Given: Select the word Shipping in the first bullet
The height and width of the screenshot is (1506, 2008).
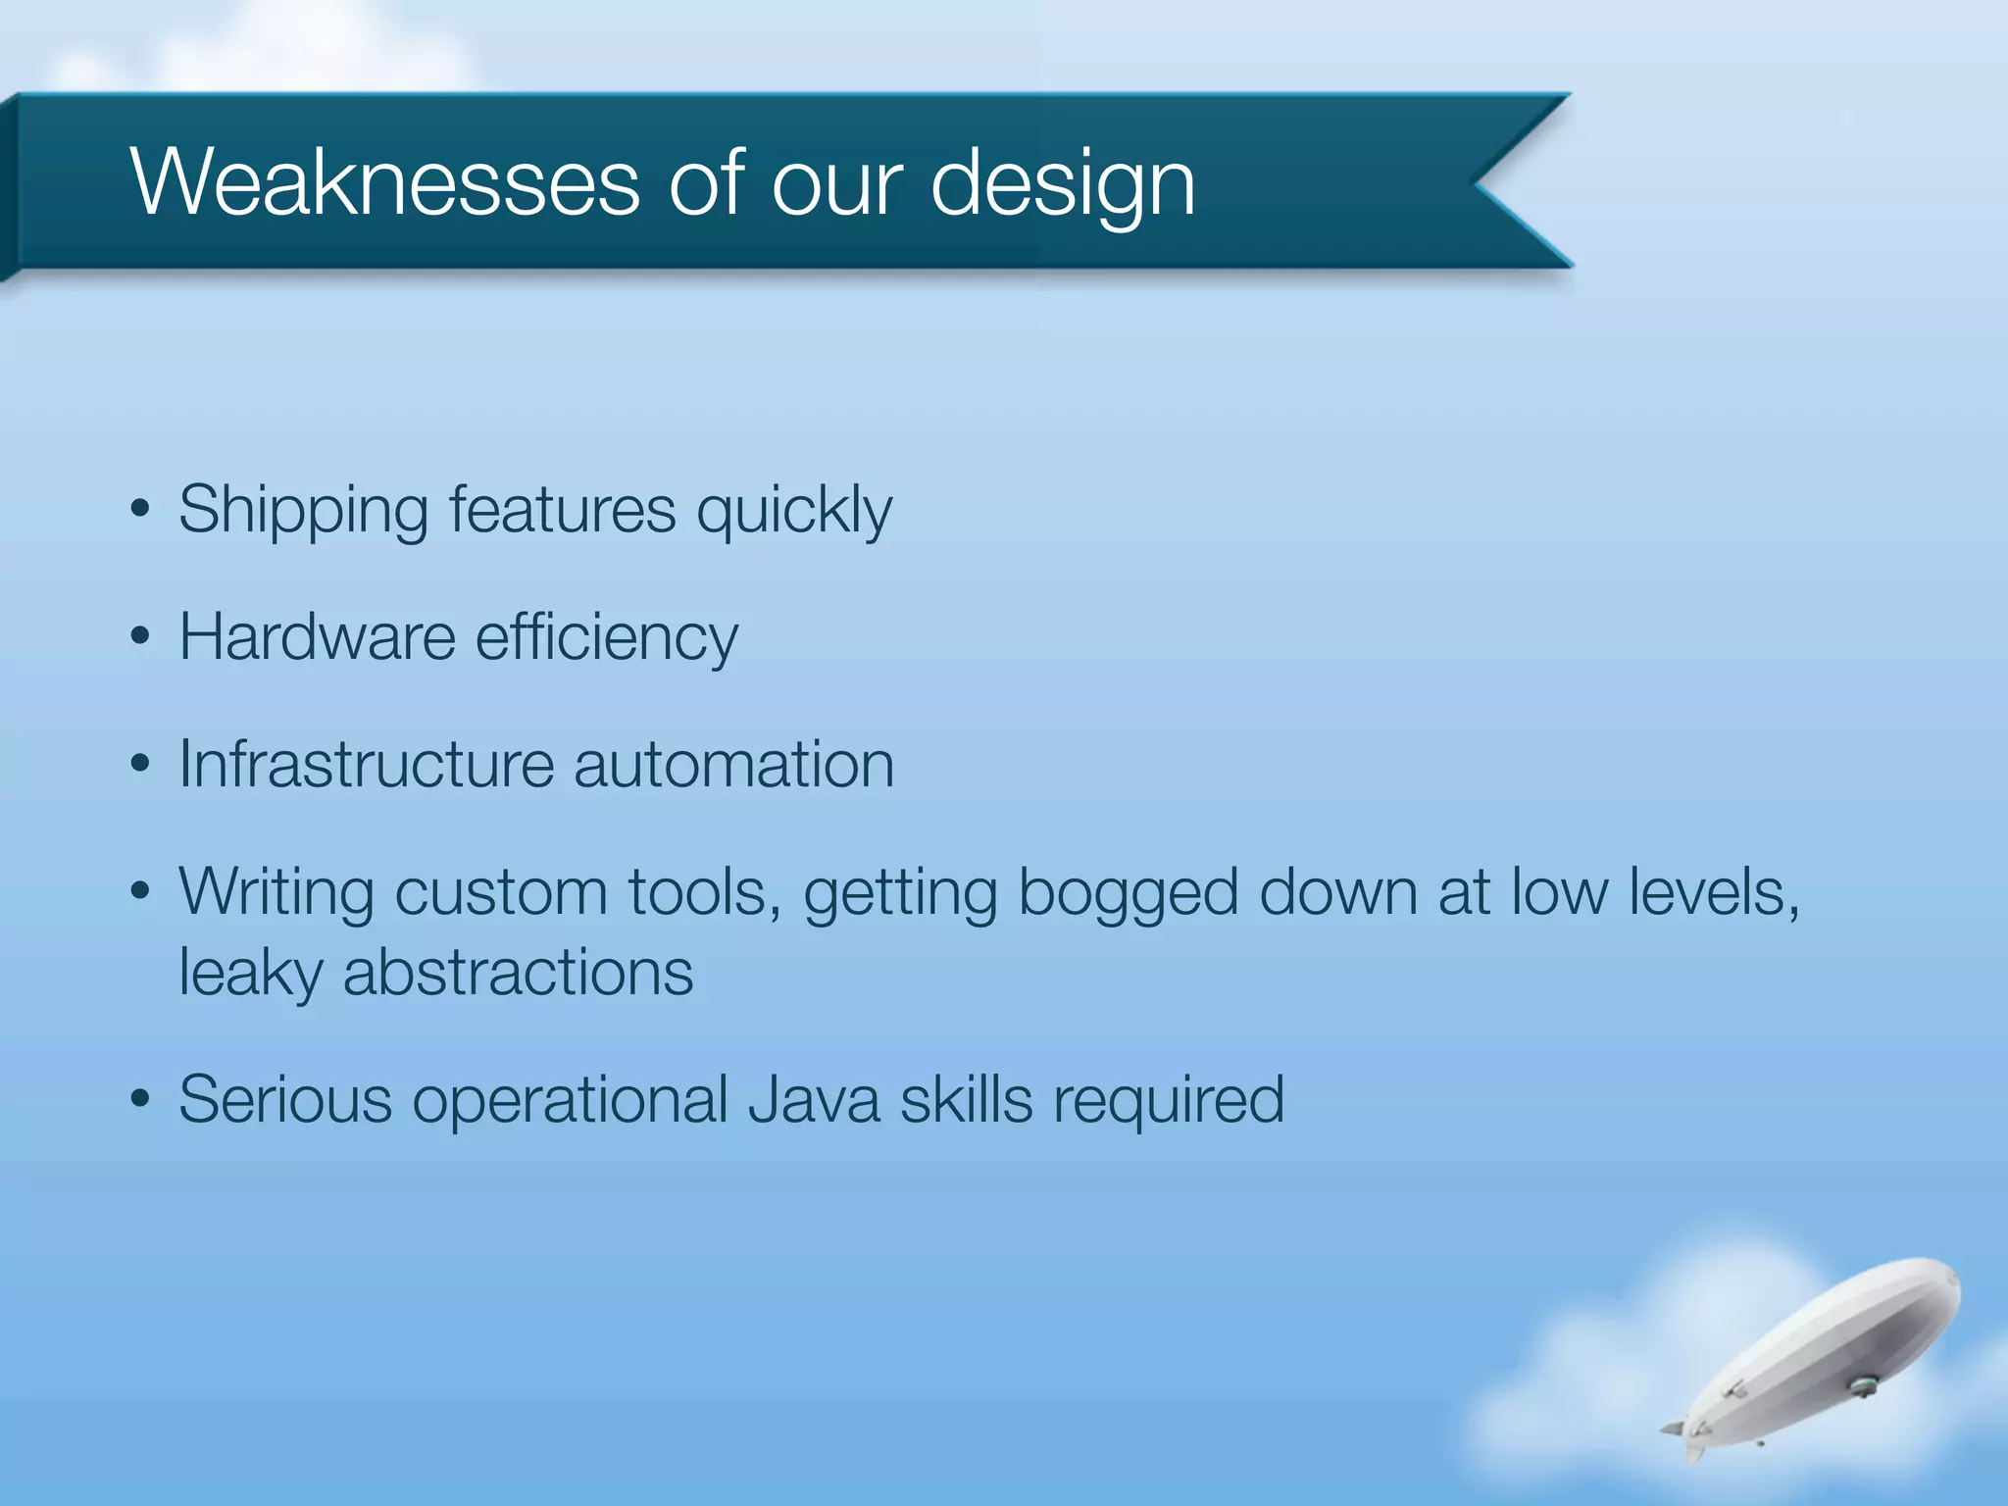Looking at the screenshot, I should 303,511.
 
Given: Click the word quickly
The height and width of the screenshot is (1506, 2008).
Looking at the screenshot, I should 794,511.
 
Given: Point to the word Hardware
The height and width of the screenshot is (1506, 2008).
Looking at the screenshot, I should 317,637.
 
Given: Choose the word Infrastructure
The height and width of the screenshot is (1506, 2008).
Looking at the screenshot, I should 366,764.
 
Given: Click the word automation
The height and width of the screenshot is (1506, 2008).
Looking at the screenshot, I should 733,765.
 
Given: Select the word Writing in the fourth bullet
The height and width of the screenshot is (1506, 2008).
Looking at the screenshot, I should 276,893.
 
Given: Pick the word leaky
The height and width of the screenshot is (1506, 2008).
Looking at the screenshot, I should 250,974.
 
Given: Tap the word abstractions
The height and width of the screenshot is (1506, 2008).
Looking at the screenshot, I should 518,974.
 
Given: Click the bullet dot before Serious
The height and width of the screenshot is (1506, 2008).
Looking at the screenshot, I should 140,1100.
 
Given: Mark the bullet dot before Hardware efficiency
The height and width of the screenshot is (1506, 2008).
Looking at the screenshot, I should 140,637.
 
